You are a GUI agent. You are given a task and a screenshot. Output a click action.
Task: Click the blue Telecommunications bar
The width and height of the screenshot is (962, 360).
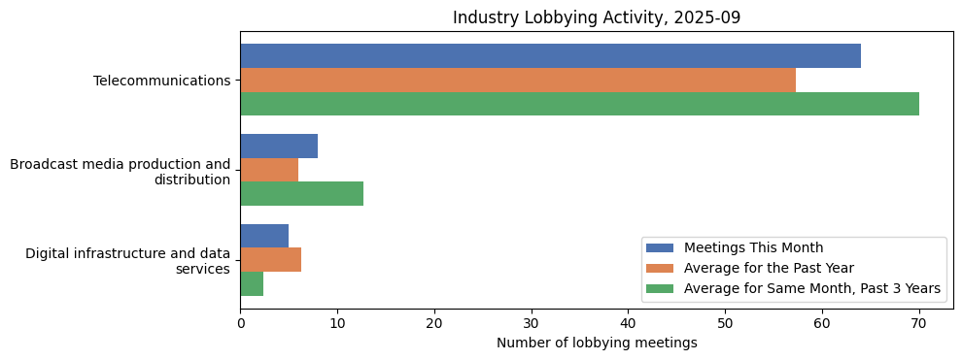[x=550, y=56]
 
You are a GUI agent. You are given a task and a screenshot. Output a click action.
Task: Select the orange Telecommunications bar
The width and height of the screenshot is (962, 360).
[x=518, y=81]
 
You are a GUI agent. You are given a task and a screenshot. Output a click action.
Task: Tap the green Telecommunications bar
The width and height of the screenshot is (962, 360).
[x=579, y=104]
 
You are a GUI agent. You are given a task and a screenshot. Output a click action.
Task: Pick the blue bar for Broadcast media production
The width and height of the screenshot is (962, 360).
[x=279, y=147]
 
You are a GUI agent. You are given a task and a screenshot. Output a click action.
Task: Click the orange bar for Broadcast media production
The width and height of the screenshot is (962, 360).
[x=269, y=170]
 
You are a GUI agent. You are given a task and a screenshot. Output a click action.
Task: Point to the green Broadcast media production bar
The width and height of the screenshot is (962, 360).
[x=301, y=193]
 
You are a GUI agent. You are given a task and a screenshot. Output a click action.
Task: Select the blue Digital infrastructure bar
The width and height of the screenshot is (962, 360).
[x=264, y=236]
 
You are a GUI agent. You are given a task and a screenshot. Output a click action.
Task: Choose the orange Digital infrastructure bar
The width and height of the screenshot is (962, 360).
[x=270, y=260]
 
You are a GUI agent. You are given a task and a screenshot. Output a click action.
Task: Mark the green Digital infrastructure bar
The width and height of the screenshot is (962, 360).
[x=252, y=283]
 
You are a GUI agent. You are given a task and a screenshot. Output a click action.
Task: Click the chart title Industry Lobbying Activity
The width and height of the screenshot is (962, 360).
[x=597, y=18]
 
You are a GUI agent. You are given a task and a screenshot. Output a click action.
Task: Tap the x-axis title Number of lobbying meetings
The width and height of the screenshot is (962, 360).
[x=597, y=343]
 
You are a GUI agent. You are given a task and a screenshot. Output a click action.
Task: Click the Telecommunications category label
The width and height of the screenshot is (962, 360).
[x=161, y=81]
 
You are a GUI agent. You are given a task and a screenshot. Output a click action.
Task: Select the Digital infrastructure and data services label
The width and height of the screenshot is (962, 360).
[x=127, y=261]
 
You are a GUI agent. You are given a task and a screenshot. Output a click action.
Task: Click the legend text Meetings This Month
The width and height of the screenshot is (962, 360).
[x=753, y=247]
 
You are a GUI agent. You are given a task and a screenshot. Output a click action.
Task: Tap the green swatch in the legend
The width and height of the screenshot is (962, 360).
[x=661, y=288]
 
